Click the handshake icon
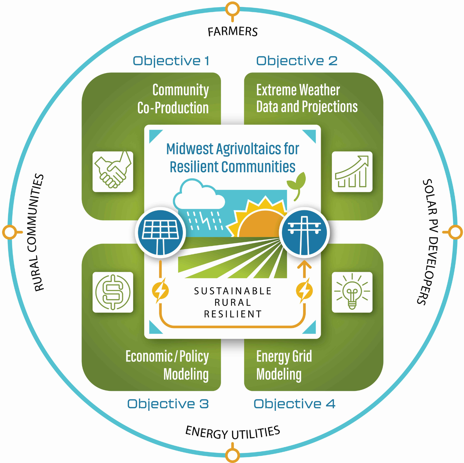113,172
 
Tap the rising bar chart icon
352,172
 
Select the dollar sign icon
113,292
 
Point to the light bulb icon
352,292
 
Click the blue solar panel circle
161,232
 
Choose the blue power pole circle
304,232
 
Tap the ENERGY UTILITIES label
233,432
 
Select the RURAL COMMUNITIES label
39,232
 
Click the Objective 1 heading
171,61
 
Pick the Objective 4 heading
294,404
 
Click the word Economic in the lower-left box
149,357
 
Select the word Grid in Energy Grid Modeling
302,357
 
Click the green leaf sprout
297,184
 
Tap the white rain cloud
199,195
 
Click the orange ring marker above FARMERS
232,9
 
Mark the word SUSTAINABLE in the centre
233,291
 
